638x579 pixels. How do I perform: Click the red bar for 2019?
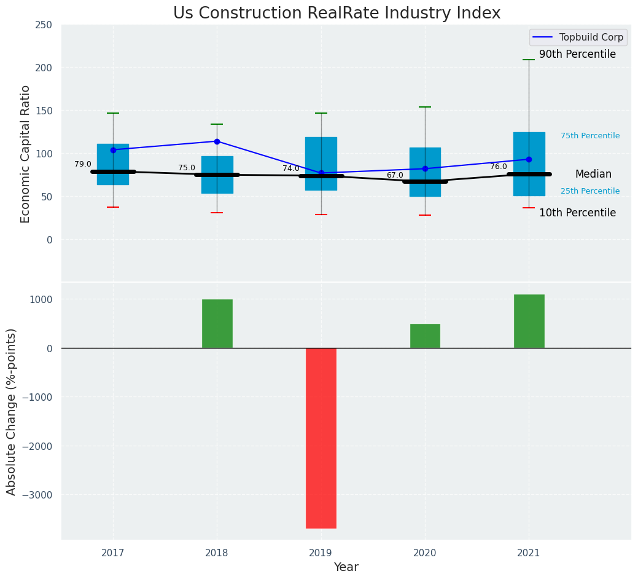click(x=321, y=438)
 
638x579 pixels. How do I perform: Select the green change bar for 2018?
click(x=217, y=323)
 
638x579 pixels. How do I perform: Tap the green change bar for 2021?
click(x=529, y=321)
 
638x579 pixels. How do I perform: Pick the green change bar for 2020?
click(x=425, y=336)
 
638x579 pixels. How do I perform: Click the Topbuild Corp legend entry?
click(x=578, y=37)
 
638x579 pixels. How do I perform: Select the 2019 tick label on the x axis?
click(x=321, y=553)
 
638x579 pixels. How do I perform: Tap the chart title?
click(x=337, y=14)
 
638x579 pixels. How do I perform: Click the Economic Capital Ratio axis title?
click(x=26, y=154)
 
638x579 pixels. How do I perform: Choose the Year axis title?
click(x=346, y=567)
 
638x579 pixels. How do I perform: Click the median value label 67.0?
click(x=395, y=175)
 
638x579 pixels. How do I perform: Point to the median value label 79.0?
click(x=83, y=164)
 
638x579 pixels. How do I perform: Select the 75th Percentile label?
click(x=590, y=136)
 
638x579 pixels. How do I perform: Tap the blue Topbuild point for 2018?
click(x=217, y=141)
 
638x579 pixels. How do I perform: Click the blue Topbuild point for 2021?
click(x=529, y=159)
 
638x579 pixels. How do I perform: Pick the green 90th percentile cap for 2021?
click(x=529, y=60)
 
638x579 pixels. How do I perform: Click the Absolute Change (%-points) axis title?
click(x=12, y=411)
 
